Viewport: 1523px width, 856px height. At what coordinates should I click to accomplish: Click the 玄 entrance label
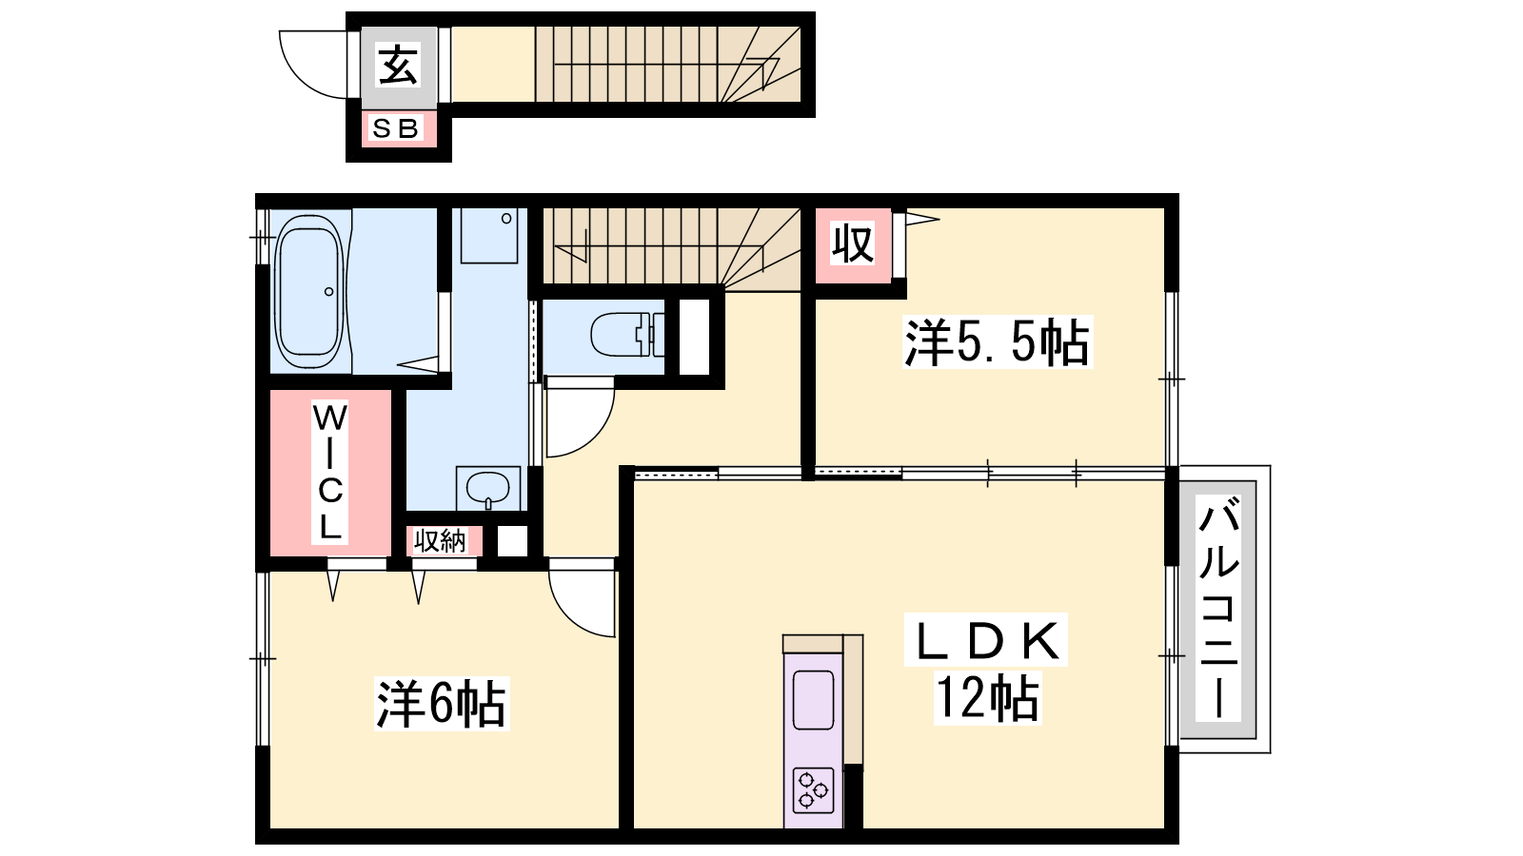pyautogui.click(x=399, y=66)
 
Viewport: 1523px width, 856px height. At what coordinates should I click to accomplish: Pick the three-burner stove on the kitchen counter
pyautogui.click(x=813, y=790)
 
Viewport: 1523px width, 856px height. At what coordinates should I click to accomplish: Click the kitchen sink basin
pyautogui.click(x=813, y=700)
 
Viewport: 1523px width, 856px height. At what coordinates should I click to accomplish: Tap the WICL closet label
pyautogui.click(x=329, y=472)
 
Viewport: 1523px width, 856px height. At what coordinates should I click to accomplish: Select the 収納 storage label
pyautogui.click(x=440, y=541)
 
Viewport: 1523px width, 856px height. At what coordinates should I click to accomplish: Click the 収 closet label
pyautogui.click(x=853, y=244)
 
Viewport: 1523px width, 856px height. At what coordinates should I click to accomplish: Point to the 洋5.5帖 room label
pyautogui.click(x=997, y=341)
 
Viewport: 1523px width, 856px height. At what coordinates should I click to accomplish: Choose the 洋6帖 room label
pyautogui.click(x=442, y=704)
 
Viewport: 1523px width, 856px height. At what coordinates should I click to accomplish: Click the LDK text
pyautogui.click(x=986, y=640)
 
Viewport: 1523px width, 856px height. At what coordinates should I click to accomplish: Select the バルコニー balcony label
pyautogui.click(x=1219, y=608)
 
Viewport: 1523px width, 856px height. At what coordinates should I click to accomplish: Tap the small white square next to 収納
pyautogui.click(x=512, y=541)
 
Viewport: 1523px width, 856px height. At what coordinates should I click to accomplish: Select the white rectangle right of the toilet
pyautogui.click(x=694, y=336)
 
